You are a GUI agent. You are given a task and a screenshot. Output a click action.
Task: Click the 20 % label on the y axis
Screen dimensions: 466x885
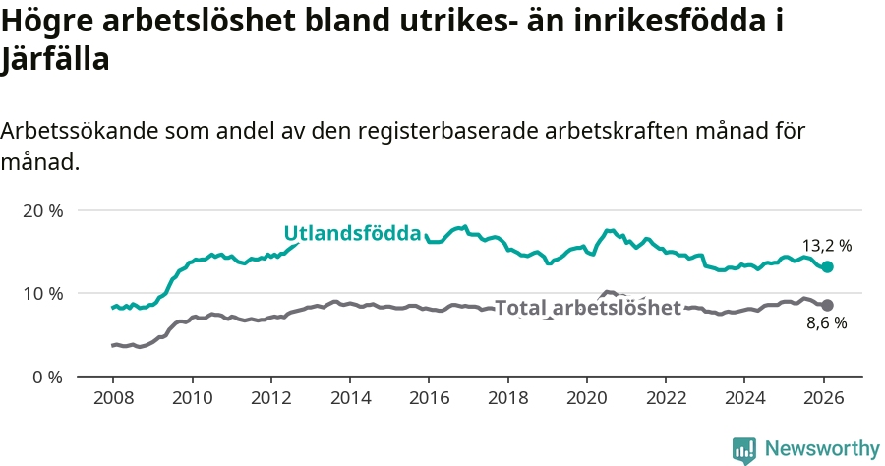pyautogui.click(x=42, y=210)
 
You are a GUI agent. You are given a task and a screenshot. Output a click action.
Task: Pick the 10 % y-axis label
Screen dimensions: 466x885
pyautogui.click(x=42, y=293)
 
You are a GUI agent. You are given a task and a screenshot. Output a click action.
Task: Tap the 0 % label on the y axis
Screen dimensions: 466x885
pyautogui.click(x=47, y=377)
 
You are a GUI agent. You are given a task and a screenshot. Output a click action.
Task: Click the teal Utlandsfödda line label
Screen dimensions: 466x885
pyautogui.click(x=352, y=233)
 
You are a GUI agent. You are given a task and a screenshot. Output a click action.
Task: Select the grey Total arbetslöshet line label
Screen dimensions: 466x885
pyautogui.click(x=588, y=308)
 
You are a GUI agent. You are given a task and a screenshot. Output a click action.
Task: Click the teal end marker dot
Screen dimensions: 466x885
pyautogui.click(x=827, y=266)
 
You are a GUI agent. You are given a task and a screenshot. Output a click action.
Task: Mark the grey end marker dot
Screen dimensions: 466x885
pyautogui.click(x=827, y=306)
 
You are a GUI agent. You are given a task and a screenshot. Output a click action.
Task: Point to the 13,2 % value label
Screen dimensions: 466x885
pyautogui.click(x=827, y=246)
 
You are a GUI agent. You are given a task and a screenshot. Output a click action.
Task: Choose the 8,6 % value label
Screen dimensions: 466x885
pyautogui.click(x=827, y=323)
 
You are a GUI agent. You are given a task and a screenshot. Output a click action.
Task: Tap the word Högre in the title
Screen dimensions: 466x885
pyautogui.click(x=47, y=22)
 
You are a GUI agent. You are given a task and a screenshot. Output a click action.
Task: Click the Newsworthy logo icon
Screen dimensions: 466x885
pyautogui.click(x=744, y=450)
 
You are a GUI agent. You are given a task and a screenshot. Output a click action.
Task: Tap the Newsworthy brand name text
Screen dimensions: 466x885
pyautogui.click(x=822, y=449)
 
